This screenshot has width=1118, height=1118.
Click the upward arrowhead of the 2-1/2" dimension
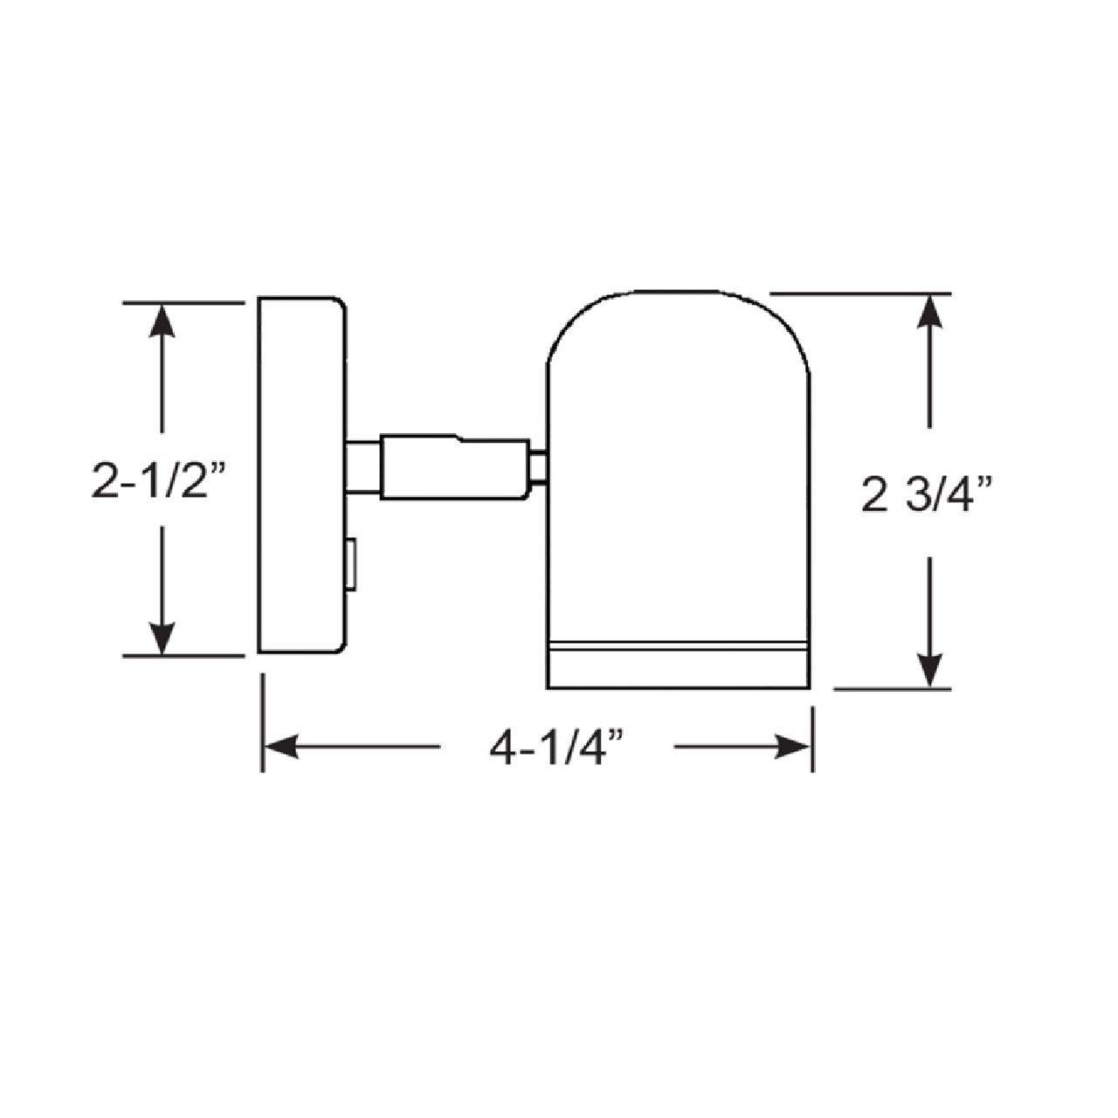click(162, 321)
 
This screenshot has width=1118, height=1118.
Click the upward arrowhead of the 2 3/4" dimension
click(930, 312)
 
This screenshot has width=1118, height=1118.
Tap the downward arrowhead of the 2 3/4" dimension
click(930, 670)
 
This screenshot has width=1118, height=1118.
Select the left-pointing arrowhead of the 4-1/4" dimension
click(281, 746)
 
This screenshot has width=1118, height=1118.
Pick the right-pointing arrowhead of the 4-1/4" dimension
click(792, 746)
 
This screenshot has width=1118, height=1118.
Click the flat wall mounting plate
click(302, 475)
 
